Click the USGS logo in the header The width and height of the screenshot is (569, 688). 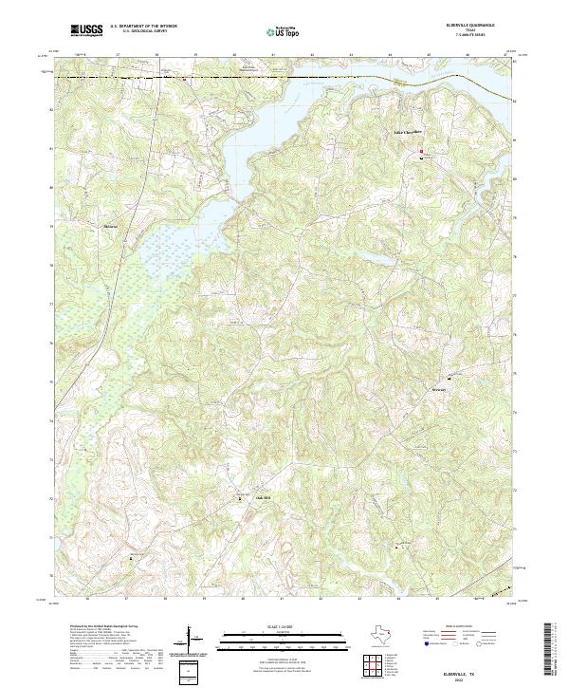[x=86, y=31]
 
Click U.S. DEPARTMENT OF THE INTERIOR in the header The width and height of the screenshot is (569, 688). [x=143, y=27]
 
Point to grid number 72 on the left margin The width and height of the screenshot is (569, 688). [x=50, y=497]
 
